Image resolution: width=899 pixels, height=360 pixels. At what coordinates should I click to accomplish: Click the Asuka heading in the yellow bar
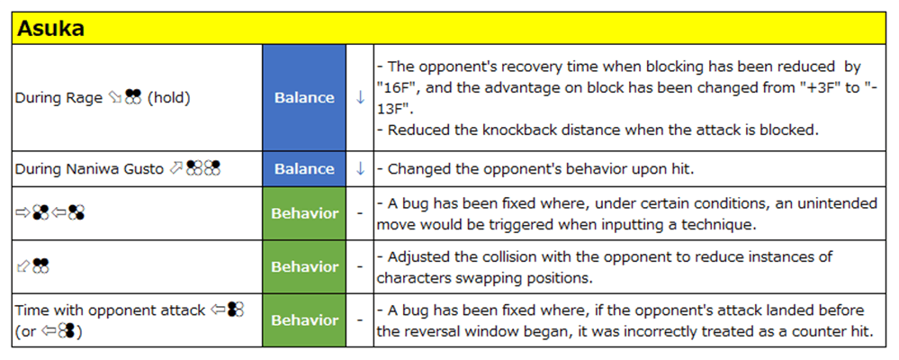pyautogui.click(x=50, y=29)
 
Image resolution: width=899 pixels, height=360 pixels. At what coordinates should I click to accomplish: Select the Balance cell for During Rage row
pyautogui.click(x=304, y=98)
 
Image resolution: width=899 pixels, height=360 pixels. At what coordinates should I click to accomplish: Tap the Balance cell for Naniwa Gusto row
pyautogui.click(x=304, y=169)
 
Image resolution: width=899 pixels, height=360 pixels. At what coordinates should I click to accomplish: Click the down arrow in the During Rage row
pyautogui.click(x=360, y=98)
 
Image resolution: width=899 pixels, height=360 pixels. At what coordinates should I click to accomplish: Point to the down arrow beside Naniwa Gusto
pyautogui.click(x=360, y=169)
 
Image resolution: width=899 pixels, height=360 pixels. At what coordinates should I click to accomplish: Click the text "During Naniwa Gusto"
pyautogui.click(x=89, y=169)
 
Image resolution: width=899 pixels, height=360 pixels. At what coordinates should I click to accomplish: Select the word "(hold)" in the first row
pyautogui.click(x=168, y=98)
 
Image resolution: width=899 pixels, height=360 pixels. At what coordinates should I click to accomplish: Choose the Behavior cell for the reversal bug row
pyautogui.click(x=304, y=319)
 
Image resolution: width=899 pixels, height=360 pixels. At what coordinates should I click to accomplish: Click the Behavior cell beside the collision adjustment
pyautogui.click(x=304, y=266)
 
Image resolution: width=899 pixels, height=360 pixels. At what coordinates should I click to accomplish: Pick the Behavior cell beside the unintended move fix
pyautogui.click(x=304, y=213)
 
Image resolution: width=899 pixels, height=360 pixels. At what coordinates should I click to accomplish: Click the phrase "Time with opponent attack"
pyautogui.click(x=110, y=310)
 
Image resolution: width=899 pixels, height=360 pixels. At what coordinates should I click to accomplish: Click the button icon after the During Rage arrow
pyautogui.click(x=133, y=97)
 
